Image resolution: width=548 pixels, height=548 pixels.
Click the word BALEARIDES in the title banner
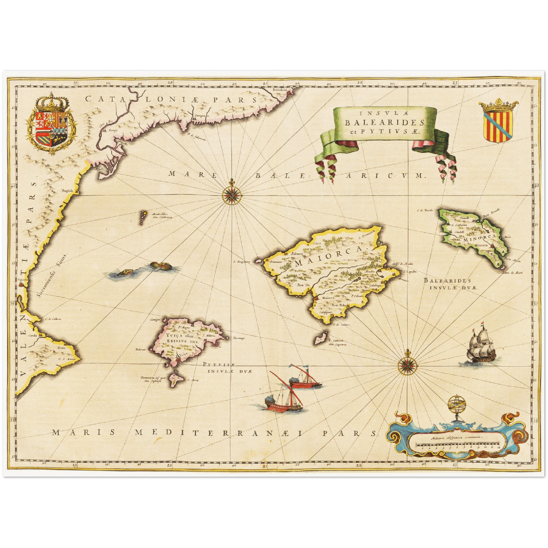point(385,122)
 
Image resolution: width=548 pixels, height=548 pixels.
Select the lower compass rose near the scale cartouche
point(408,365)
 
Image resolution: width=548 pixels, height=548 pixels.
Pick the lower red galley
point(283,402)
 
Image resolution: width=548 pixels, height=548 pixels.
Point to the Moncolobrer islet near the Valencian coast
point(143,217)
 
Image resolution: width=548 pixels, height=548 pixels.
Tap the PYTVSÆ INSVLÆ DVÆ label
point(224,367)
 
